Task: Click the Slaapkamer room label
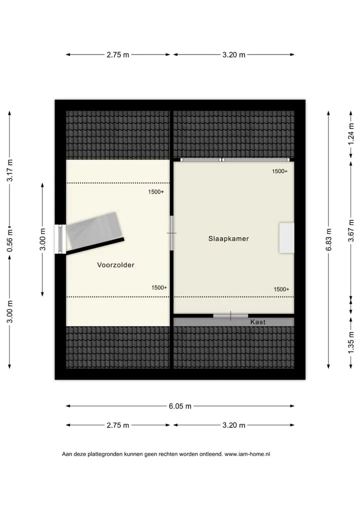click(228, 238)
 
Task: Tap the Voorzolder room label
click(115, 265)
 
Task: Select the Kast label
click(257, 322)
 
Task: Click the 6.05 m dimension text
click(180, 406)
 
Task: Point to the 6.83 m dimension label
click(329, 239)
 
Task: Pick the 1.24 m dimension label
click(351, 134)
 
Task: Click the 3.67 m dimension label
click(351, 230)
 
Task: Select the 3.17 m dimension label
click(9, 170)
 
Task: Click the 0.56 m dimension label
click(9, 240)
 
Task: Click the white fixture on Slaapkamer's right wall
click(286, 237)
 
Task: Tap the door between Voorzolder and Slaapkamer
click(171, 233)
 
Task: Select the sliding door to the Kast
click(230, 315)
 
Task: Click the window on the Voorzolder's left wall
click(60, 239)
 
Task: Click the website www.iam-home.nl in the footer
click(247, 454)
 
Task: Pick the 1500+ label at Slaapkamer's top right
click(280, 171)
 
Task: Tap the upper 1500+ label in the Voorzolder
click(156, 192)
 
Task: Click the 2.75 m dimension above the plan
click(118, 55)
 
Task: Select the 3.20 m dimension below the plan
click(233, 425)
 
